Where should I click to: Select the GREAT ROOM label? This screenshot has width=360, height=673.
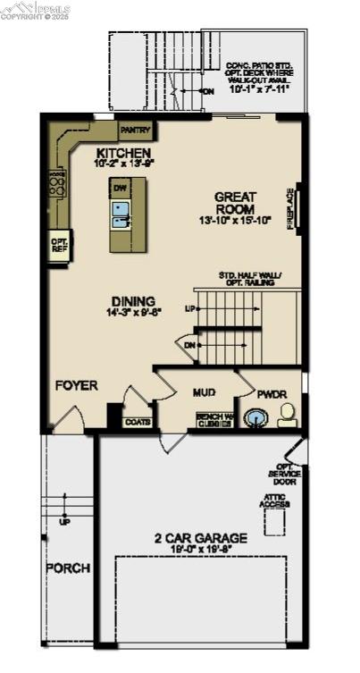235,203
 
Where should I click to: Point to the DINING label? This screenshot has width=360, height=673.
133,301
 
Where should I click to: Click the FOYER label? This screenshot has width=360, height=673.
76,385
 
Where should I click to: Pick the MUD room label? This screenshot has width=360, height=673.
205,391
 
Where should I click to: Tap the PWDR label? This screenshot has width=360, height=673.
271,393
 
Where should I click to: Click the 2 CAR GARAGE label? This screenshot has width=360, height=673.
193,539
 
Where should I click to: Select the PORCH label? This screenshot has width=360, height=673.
67,568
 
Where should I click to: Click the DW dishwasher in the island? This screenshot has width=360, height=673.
119,188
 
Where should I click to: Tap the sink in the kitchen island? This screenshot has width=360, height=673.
121,211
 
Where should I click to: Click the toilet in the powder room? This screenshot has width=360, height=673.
287,414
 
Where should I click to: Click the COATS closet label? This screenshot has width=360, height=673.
138,422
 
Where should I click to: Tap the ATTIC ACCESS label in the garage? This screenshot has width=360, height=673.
274,501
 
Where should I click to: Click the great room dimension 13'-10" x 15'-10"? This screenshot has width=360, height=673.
235,220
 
